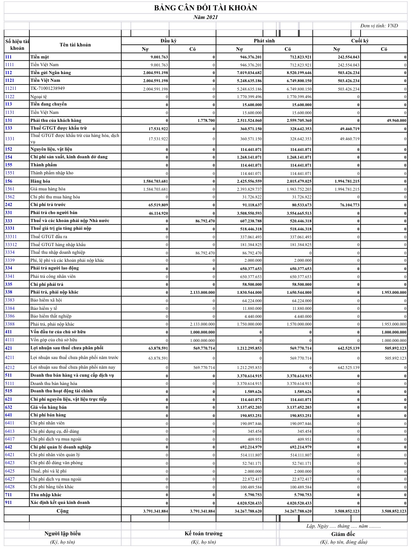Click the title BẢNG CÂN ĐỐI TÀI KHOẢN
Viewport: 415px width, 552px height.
point(205,8)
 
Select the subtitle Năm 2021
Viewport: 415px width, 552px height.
point(205,17)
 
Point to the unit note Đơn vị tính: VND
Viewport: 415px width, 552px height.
point(379,26)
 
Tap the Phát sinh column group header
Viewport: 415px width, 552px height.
point(264,41)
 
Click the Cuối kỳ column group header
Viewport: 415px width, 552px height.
point(360,41)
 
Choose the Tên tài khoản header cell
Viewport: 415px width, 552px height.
point(75,45)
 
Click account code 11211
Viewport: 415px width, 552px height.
point(11,88)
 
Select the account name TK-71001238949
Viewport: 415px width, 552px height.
point(47,88)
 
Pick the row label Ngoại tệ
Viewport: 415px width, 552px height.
point(39,97)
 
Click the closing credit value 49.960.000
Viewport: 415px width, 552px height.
point(397,121)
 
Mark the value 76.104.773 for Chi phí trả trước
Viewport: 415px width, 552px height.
point(350,205)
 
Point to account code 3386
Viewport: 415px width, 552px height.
point(10,316)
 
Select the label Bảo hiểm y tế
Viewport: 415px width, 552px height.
point(44,308)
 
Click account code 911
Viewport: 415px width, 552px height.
point(8,503)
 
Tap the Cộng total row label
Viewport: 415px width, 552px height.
point(62,511)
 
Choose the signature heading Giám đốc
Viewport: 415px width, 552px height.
point(343,534)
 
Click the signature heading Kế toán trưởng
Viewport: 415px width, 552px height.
point(203,534)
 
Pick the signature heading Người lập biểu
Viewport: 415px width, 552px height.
point(62,534)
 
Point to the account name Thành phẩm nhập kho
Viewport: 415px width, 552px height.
point(52,173)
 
